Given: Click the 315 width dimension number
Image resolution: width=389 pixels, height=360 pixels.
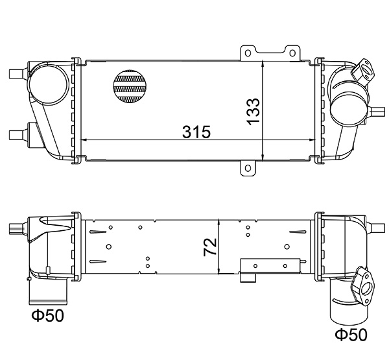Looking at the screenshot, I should (x=196, y=132).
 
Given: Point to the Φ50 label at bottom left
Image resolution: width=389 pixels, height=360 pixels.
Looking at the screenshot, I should (x=47, y=317).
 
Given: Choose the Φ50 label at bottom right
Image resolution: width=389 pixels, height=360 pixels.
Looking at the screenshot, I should (x=350, y=335).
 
